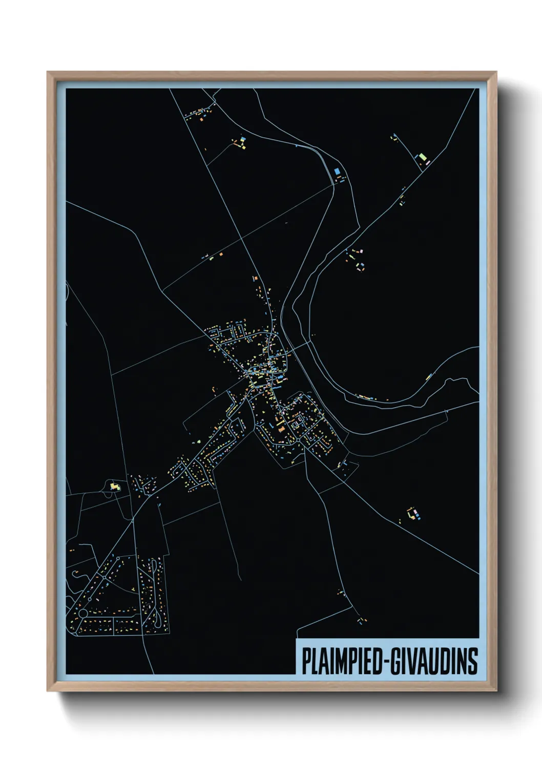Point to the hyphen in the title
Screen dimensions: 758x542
(386, 662)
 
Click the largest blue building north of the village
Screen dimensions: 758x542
(337, 172)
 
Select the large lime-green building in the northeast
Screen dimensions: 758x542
(422, 157)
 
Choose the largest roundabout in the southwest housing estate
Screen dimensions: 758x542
(83, 613)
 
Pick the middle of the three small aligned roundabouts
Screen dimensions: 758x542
(105, 577)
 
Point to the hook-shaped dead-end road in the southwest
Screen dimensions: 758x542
(77, 574)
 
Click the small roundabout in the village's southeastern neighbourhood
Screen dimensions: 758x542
(297, 440)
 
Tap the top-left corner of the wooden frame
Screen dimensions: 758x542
(48, 73)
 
